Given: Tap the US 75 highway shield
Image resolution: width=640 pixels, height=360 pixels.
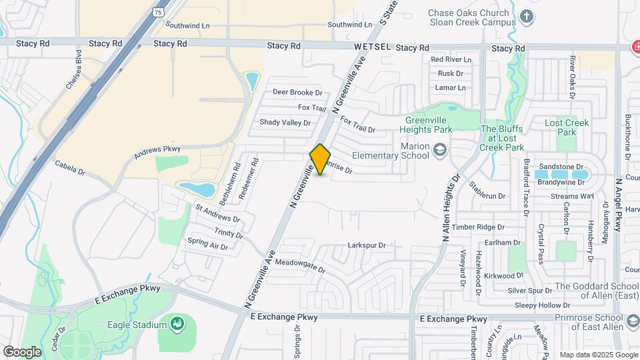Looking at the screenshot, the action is coord(157,11).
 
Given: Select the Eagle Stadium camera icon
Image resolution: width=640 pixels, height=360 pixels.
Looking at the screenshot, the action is coord(177,325).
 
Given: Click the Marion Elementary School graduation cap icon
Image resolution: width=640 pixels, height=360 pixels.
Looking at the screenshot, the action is coord(439,149).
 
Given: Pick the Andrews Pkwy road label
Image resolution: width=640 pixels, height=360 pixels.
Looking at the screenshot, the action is coord(157,153).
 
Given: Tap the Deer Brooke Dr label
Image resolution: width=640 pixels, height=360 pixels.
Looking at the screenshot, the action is coord(297,93).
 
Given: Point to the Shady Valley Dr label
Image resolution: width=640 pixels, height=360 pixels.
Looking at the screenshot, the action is coord(285,123).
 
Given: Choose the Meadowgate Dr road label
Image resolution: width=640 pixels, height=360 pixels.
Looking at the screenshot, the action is coord(299,266).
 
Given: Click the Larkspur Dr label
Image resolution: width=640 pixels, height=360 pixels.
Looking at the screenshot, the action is coord(367,245).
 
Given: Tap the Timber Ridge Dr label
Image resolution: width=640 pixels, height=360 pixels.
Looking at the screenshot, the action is coord(477,227).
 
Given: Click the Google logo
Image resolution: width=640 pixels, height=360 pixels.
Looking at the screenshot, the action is coord(22,351).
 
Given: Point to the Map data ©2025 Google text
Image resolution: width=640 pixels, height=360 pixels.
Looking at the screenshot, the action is coord(598,355).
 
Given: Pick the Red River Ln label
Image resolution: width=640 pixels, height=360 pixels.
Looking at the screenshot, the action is coord(451,59).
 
